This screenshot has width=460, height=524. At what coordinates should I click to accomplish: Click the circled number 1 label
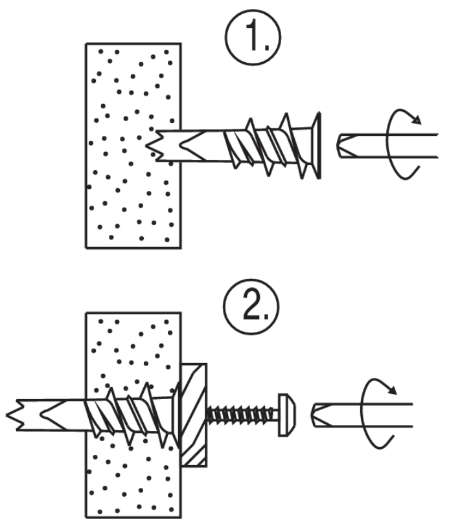point(253,37)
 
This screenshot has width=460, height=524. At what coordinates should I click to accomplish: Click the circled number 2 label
point(251,307)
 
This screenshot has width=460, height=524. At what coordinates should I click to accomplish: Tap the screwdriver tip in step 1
point(344,146)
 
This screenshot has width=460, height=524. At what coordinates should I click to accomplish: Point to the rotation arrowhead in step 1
point(417,120)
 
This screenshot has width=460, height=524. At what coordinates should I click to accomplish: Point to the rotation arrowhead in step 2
point(392,389)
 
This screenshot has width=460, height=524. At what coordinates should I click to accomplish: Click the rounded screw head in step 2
point(287,415)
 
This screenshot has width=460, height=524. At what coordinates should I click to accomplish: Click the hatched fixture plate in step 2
point(194,415)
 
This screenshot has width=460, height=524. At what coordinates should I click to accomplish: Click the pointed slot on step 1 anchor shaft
point(193,146)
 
